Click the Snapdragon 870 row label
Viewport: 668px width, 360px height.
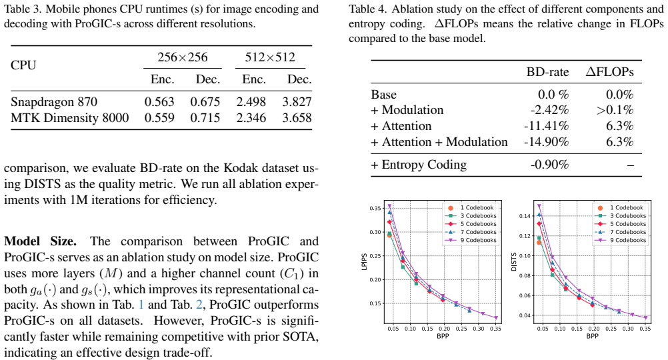click(54, 102)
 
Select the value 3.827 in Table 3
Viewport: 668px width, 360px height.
click(297, 102)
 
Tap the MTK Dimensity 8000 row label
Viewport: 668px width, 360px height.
click(69, 118)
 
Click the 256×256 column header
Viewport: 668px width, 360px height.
click(183, 57)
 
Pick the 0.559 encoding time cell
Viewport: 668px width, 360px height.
click(159, 118)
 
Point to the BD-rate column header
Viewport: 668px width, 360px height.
click(547, 72)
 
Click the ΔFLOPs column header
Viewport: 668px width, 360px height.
click(609, 72)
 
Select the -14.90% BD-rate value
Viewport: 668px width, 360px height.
click(546, 142)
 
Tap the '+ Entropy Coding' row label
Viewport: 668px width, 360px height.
click(419, 165)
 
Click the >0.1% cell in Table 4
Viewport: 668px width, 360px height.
click(615, 110)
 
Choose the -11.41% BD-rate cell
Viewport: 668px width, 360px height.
click(546, 126)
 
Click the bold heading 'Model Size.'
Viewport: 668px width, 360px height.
click(41, 241)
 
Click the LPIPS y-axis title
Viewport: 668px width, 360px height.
click(364, 262)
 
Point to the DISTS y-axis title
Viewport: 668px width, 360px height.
click(514, 262)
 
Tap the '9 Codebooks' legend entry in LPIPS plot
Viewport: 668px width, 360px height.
click(471, 240)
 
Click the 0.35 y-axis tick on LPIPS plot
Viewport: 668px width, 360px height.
click(375, 208)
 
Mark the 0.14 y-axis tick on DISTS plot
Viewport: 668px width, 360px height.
click(525, 216)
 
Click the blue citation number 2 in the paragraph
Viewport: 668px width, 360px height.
click(199, 305)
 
